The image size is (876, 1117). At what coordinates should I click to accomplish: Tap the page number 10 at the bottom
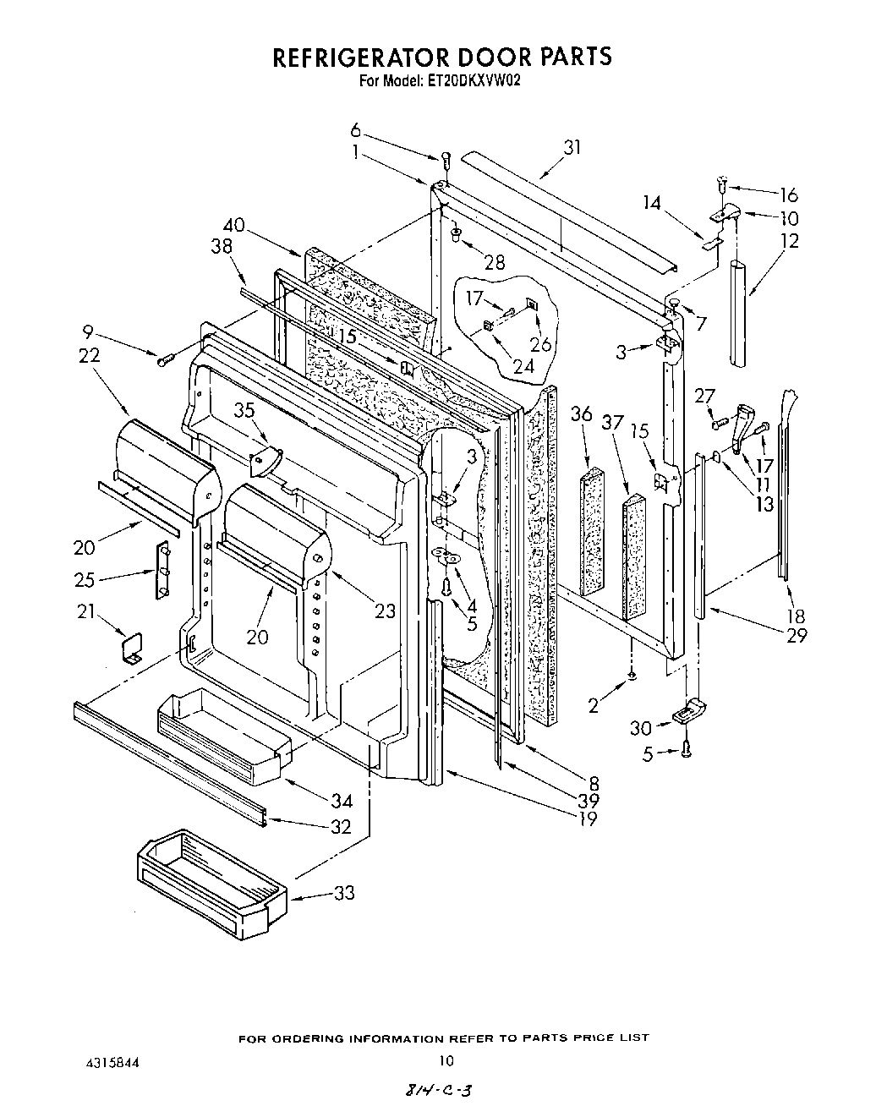[x=446, y=1061]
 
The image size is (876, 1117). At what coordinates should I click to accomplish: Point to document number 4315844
[x=113, y=1061]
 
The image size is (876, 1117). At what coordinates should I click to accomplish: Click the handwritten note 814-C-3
[x=438, y=1092]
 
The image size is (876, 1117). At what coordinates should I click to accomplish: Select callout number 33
[x=343, y=892]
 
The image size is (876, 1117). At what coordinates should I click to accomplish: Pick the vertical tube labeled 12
[x=738, y=315]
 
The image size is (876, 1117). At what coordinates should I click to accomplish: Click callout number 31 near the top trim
[x=572, y=147]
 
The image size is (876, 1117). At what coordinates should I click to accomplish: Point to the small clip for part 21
[x=133, y=648]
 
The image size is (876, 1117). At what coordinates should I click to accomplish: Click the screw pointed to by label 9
[x=164, y=361]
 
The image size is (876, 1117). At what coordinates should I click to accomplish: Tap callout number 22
[x=89, y=355]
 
